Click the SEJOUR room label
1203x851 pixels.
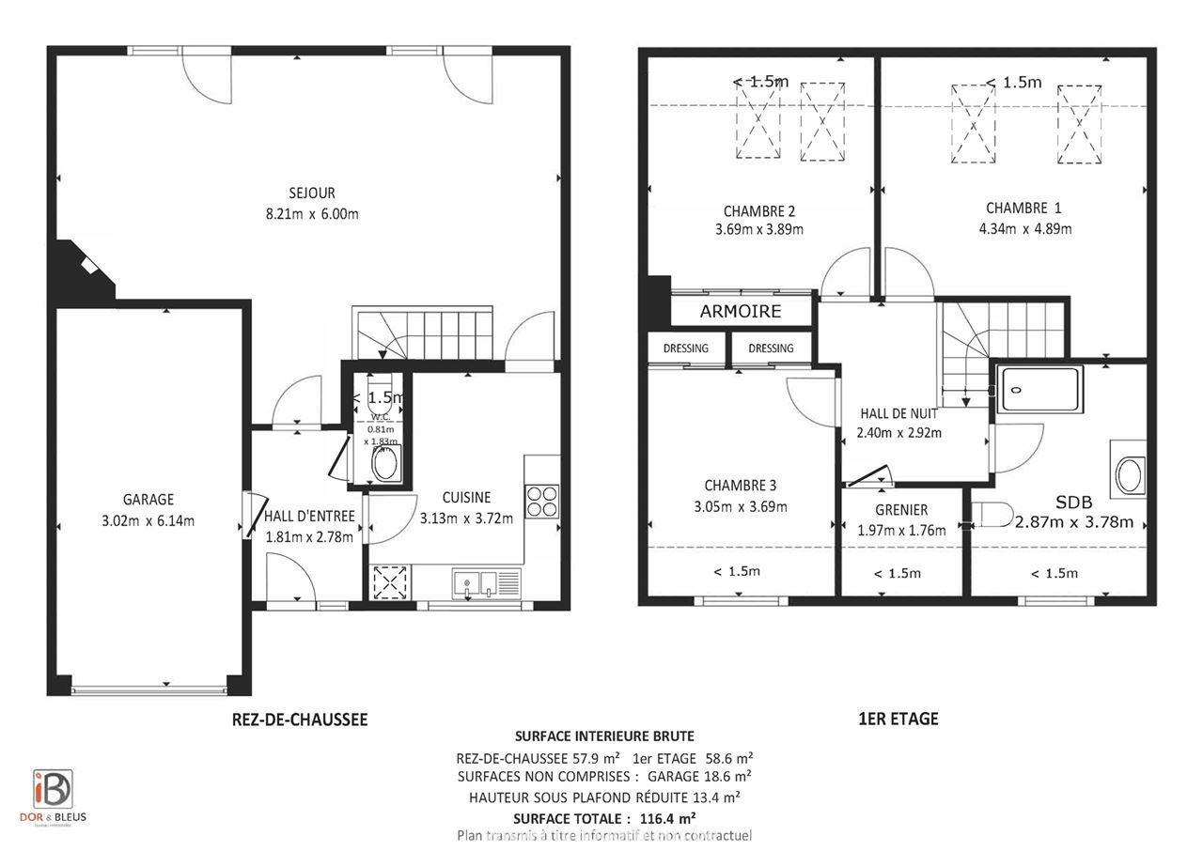pos(312,193)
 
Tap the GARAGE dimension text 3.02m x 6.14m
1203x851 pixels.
pos(148,521)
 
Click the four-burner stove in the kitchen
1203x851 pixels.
pos(542,501)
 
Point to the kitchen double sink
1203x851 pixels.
pos(477,583)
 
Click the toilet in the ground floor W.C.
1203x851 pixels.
pos(384,463)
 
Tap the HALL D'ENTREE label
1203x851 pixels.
pos(309,516)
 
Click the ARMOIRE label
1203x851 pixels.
pos(741,311)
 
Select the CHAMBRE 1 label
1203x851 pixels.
pos(1023,208)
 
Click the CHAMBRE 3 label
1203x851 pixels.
pos(741,486)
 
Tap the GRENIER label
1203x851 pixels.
pos(900,510)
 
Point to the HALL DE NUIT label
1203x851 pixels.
pos(899,413)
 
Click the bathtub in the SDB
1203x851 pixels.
pos(1040,389)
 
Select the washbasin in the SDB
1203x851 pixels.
pos(1129,476)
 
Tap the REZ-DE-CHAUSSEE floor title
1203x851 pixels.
pos(299,719)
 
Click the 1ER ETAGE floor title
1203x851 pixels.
pos(898,719)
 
